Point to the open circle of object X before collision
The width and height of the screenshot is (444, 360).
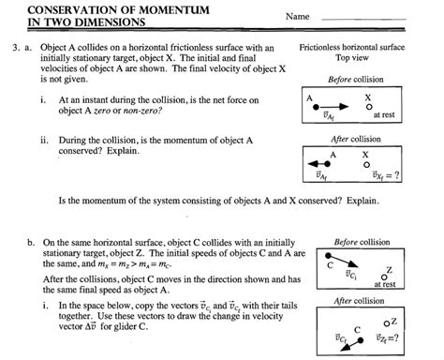point(368,107)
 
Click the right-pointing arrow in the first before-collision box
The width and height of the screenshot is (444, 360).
point(341,107)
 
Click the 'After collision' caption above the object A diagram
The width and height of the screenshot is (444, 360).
point(353,138)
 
